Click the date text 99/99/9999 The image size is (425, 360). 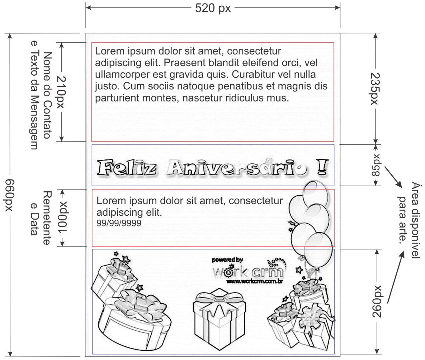[x=119, y=223]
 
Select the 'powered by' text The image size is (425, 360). [x=227, y=260]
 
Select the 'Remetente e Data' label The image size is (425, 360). [x=40, y=218]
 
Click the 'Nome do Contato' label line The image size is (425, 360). [x=47, y=95]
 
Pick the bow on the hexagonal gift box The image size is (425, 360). [x=219, y=298]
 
